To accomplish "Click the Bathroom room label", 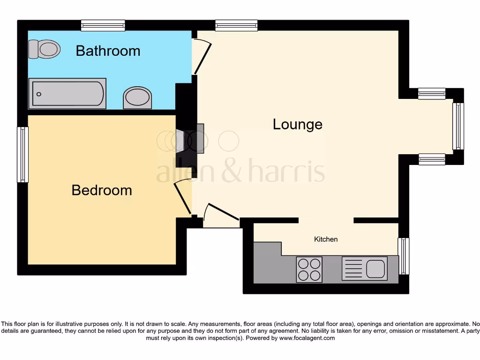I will pyautogui.click(x=108, y=51).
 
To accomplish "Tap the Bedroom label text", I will pyautogui.click(x=102, y=190).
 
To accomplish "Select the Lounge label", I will pyautogui.click(x=298, y=124).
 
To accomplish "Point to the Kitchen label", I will pyautogui.click(x=326, y=239).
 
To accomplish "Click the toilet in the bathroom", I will pyautogui.click(x=45, y=49).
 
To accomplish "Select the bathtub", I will pyautogui.click(x=67, y=94).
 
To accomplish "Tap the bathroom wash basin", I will pyautogui.click(x=138, y=97).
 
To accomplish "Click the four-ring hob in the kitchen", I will pyautogui.click(x=309, y=270).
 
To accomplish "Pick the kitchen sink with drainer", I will pyautogui.click(x=364, y=269).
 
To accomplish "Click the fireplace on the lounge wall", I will pyautogui.click(x=200, y=139).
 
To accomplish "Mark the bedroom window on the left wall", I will pyautogui.click(x=22, y=154).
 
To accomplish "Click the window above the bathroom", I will pyautogui.click(x=103, y=25).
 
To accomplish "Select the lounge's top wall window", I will pyautogui.click(x=236, y=25).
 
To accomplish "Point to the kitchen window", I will pyautogui.click(x=403, y=256).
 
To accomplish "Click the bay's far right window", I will pyautogui.click(x=458, y=127).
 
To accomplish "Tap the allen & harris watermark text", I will pyautogui.click(x=240, y=172).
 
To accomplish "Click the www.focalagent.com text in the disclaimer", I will pyautogui.click(x=307, y=338).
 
